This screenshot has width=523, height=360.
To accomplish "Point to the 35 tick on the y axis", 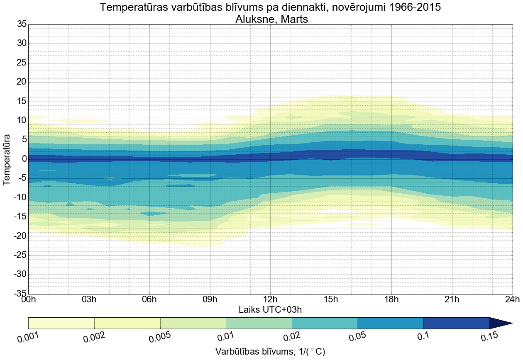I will [x=22, y=24].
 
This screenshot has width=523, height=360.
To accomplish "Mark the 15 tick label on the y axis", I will [x=22, y=102].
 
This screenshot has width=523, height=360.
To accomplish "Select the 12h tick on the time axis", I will [x=270, y=300].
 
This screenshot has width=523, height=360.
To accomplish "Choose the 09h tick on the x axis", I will [x=210, y=300].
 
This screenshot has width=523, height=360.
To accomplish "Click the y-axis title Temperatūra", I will [x=7, y=159].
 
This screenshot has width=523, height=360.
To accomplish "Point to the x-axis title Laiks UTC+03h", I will [x=270, y=310].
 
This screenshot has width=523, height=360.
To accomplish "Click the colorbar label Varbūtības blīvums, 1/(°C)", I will [x=270, y=352].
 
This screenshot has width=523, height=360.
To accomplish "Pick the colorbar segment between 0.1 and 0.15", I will [x=456, y=323].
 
